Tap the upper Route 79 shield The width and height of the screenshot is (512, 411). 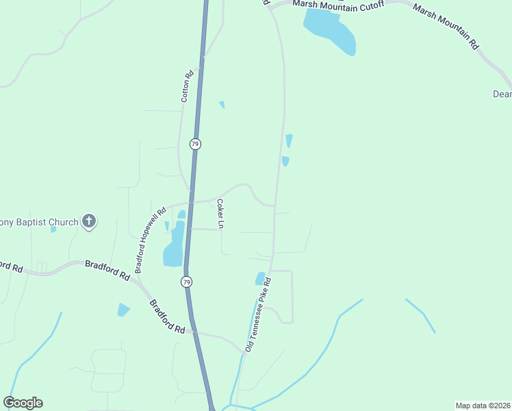pos(196,144)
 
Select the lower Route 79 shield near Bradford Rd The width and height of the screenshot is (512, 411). pos(186,282)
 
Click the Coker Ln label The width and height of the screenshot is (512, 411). pos(220,214)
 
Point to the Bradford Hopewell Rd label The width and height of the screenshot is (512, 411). pos(151,241)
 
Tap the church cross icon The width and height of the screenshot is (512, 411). pos(88,221)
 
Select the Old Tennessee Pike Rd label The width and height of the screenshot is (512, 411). pos(259,316)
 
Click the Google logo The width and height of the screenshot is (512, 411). pos(23,403)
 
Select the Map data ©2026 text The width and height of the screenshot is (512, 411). pos(483,405)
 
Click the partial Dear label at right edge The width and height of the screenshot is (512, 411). pos(502,95)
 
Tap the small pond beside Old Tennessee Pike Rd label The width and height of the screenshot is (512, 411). pos(260,278)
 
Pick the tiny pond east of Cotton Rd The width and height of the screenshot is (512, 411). pos(222,105)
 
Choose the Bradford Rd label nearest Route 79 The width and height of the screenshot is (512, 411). pos(167,316)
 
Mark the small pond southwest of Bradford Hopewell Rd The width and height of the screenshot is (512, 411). pos(123,310)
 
